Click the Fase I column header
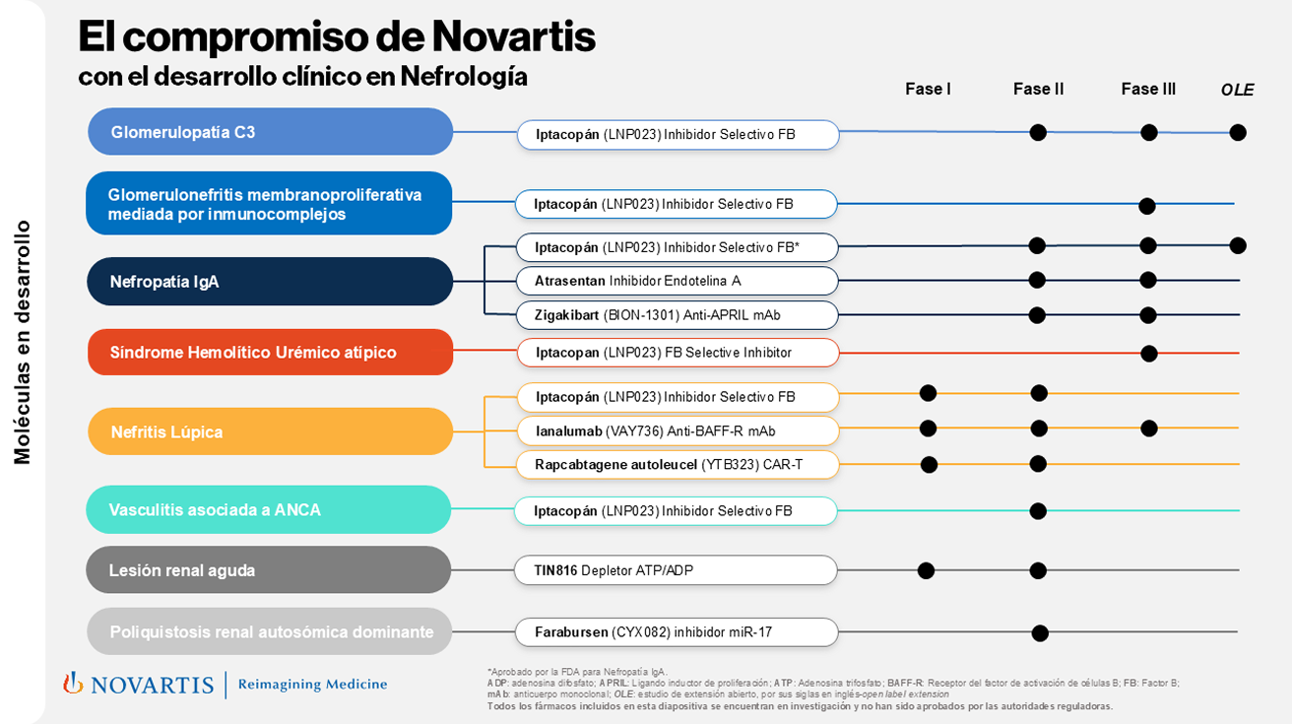pos(928,90)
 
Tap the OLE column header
pos(1237,91)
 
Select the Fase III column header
pos(1148,90)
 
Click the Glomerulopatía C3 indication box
pos(270,132)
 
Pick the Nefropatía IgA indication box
pos(269,282)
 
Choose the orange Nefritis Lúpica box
pos(270,431)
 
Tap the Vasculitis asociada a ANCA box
pos(268,510)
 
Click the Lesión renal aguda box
pos(268,570)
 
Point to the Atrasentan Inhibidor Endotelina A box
pos(677,281)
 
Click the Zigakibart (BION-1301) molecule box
pos(677,315)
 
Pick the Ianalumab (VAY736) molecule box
pos(678,430)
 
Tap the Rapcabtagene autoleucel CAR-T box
pos(678,464)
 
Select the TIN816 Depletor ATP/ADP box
pos(676,570)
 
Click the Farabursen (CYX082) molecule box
pos(677,632)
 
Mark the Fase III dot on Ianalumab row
pos(1148,428)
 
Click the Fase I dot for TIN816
pos(926,570)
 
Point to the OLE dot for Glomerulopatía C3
pos(1238,132)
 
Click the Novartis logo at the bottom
pos(138,684)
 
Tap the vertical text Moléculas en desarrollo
pos(23,342)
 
